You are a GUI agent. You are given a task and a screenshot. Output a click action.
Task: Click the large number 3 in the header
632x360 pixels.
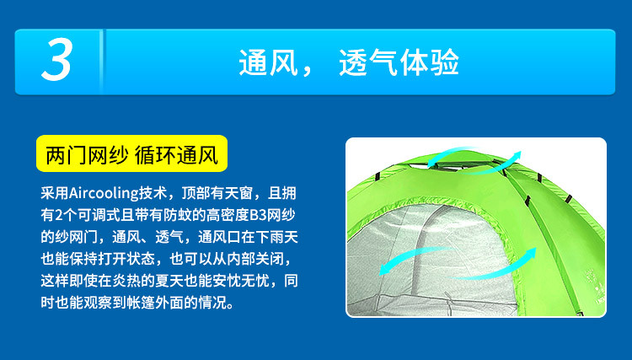coord(56,61)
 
